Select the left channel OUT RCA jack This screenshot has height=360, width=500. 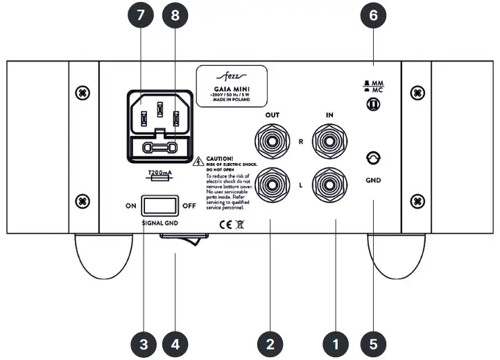[x=270, y=185]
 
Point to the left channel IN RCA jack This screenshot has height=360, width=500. [x=327, y=185]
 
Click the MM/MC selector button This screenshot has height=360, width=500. [x=373, y=105]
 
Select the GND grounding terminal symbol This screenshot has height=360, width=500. [x=373, y=159]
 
